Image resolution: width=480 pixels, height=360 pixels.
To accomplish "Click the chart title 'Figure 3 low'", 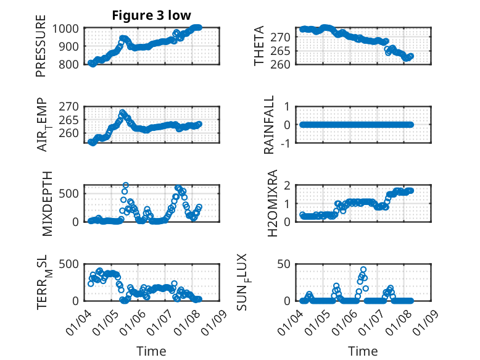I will [x=151, y=15].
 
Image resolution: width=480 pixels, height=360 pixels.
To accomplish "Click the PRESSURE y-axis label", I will [x=41, y=50].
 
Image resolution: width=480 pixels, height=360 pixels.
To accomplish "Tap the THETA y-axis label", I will [x=259, y=46].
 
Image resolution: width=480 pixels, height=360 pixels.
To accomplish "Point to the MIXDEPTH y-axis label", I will [x=48, y=203].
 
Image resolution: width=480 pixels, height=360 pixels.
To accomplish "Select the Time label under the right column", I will [x=363, y=351].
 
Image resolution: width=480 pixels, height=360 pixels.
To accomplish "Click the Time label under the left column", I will [x=151, y=351].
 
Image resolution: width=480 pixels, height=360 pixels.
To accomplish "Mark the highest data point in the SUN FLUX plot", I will [x=364, y=269].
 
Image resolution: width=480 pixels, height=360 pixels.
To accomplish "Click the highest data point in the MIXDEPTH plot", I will [x=125, y=185].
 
